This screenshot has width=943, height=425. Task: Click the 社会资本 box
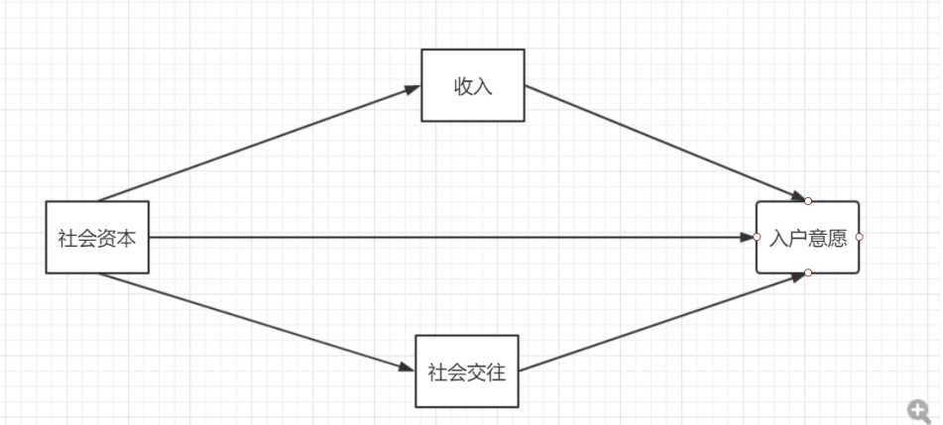pos(97,237)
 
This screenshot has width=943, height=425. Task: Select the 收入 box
pos(473,85)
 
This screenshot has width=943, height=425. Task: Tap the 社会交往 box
pos(466,372)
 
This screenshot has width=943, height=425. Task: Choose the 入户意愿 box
pos(807,237)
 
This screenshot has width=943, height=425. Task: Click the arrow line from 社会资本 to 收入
pos(258,145)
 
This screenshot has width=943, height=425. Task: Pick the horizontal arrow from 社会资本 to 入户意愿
pos(446,237)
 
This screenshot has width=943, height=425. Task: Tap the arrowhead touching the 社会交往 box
pos(407,368)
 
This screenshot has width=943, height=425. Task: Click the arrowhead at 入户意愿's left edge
pos(747,237)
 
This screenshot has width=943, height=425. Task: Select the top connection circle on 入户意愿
pos(808,201)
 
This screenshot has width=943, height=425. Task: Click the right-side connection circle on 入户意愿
pos(860,237)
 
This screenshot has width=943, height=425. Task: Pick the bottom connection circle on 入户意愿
pos(808,272)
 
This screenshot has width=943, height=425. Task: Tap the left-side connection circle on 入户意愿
pos(757,237)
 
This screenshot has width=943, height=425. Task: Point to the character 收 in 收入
pos(463,86)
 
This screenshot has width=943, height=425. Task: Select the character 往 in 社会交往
pos(497,372)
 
